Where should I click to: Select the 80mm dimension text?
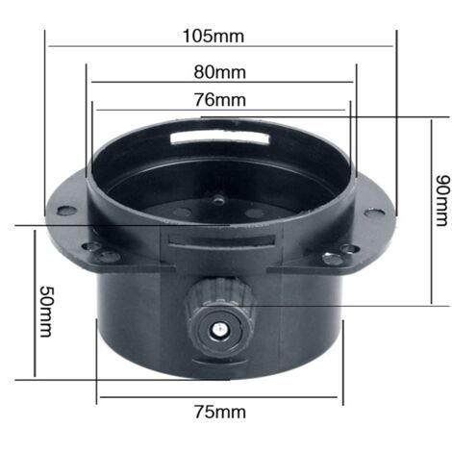click(x=219, y=72)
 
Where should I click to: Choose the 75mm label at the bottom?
click(x=219, y=413)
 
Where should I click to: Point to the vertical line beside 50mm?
click(x=34, y=303)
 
